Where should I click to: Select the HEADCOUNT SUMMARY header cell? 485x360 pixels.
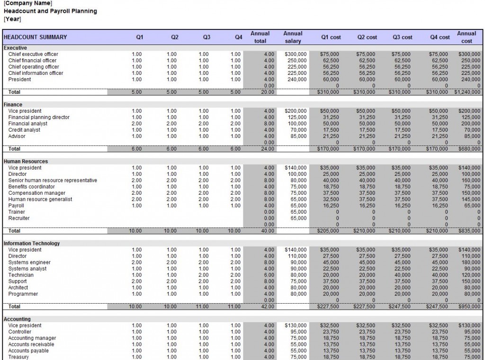coord(36,37)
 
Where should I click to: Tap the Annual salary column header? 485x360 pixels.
coord(293,37)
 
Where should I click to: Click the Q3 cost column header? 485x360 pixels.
coord(402,37)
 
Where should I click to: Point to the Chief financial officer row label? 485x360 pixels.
coord(32,61)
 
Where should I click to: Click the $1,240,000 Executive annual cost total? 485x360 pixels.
coord(467,92)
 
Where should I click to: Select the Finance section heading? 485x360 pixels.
coord(13,105)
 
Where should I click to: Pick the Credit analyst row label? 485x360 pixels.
coord(24,130)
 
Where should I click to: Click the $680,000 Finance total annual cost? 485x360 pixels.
coord(470,149)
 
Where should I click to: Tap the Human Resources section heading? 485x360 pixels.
coord(26,162)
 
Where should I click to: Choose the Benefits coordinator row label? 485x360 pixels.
coord(32,187)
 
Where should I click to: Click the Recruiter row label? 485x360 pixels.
coord(19,218)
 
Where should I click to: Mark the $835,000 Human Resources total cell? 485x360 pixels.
coord(470,231)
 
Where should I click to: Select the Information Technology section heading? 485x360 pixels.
coord(32,243)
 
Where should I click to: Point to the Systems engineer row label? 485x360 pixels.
coord(29,262)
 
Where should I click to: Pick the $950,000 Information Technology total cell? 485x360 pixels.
coord(470,306)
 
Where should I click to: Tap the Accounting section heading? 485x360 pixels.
coord(17,319)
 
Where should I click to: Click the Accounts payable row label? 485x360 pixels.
coord(28,351)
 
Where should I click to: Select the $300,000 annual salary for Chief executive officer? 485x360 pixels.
coord(296,54)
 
